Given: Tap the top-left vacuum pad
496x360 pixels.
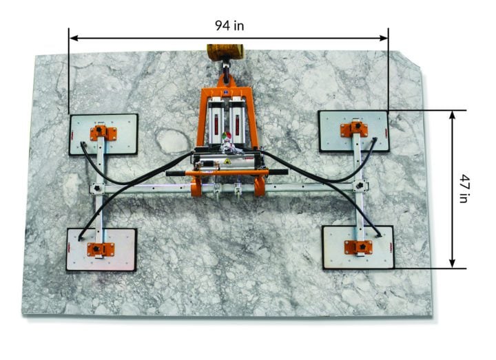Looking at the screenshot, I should click(103, 134).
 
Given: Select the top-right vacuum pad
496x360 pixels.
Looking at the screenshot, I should click(353, 130).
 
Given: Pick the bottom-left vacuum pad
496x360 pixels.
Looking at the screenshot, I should click(101, 249).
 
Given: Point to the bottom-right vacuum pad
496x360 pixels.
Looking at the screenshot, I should click(358, 246).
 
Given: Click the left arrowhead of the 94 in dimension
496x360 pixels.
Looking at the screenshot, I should click(73, 38).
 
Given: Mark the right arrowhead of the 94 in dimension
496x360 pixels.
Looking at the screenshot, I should click(384, 38).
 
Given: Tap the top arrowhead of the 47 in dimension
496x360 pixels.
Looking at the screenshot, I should click(452, 114).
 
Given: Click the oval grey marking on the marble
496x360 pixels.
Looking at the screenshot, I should click(170, 140).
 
